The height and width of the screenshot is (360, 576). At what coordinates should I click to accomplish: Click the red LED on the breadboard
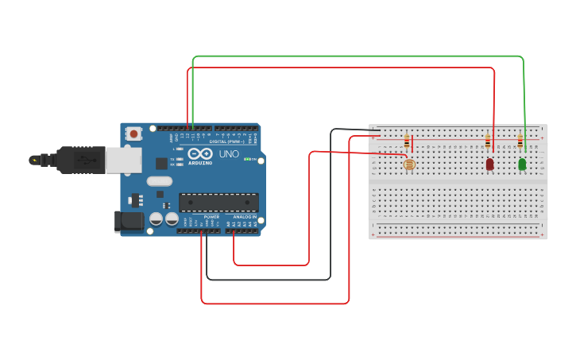coord(489,164)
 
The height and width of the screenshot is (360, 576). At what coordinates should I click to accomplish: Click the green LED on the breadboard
coord(522,164)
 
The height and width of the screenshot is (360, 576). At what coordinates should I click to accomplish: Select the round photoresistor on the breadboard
coord(409,165)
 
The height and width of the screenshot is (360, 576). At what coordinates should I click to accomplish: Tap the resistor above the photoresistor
coord(407,142)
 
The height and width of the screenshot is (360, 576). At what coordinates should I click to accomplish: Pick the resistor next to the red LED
coord(487,142)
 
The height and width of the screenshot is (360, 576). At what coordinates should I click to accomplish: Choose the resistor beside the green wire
coord(520,142)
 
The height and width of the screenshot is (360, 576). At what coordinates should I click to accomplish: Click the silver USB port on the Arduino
coord(125,161)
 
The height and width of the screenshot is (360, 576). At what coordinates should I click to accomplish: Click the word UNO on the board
coord(229,154)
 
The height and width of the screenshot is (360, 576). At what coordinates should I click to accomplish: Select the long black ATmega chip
coord(218,203)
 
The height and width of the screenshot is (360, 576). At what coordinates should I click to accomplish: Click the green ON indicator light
coord(248,160)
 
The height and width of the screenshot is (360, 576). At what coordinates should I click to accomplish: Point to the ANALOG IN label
coord(243,217)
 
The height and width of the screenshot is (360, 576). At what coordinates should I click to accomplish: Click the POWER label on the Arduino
coord(211,217)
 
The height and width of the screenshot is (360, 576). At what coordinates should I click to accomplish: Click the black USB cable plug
coord(75,160)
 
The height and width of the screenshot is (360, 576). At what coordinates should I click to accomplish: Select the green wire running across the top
coord(358,56)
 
